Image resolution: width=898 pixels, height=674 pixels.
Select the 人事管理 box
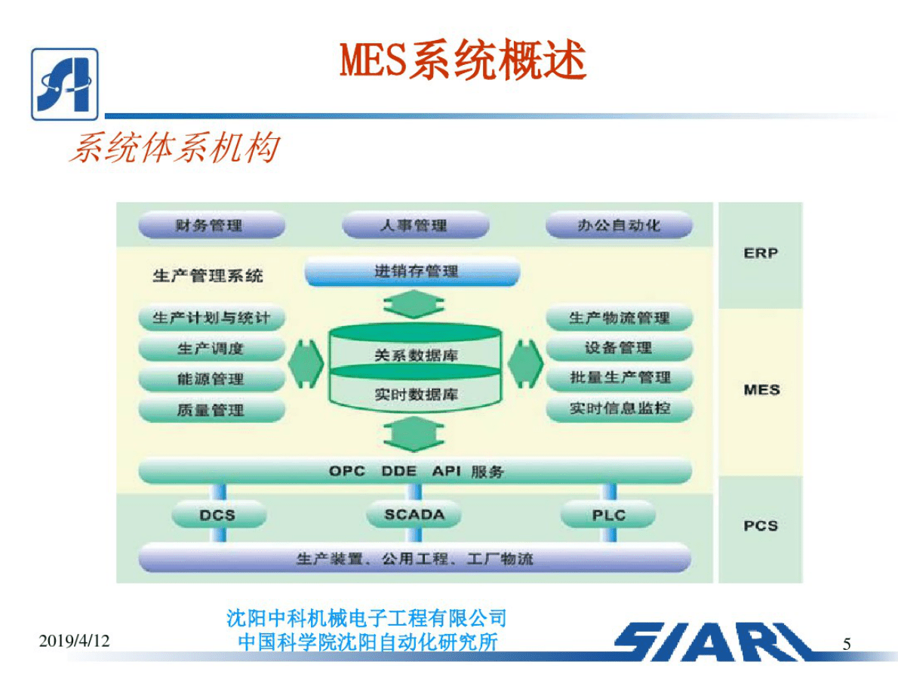pyautogui.click(x=414, y=225)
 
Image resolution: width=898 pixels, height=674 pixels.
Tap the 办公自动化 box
pyautogui.click(x=618, y=225)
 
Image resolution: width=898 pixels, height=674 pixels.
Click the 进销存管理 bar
pyautogui.click(x=413, y=271)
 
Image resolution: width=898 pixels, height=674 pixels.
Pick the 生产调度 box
pyautogui.click(x=211, y=349)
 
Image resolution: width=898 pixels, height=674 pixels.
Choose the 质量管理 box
pyautogui.click(x=211, y=410)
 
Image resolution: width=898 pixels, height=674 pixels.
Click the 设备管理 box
pyautogui.click(x=618, y=348)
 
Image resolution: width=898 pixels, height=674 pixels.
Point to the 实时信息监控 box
pyautogui.click(x=618, y=409)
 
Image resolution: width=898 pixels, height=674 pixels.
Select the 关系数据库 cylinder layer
pyautogui.click(x=415, y=353)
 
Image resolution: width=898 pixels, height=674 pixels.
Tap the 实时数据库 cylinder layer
pyautogui.click(x=415, y=394)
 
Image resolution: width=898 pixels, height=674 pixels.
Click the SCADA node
pyautogui.click(x=414, y=516)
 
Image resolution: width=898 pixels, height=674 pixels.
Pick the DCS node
pyautogui.click(x=218, y=516)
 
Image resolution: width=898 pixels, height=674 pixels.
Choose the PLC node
pyautogui.click(x=608, y=516)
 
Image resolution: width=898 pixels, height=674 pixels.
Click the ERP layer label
pyautogui.click(x=760, y=254)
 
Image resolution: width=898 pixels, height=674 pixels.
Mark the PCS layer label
pyautogui.click(x=760, y=525)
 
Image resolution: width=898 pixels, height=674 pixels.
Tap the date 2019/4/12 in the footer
pyautogui.click(x=74, y=642)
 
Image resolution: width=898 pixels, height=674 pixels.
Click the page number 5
pyautogui.click(x=847, y=644)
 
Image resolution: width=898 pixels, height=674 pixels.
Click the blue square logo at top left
pyautogui.click(x=65, y=84)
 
